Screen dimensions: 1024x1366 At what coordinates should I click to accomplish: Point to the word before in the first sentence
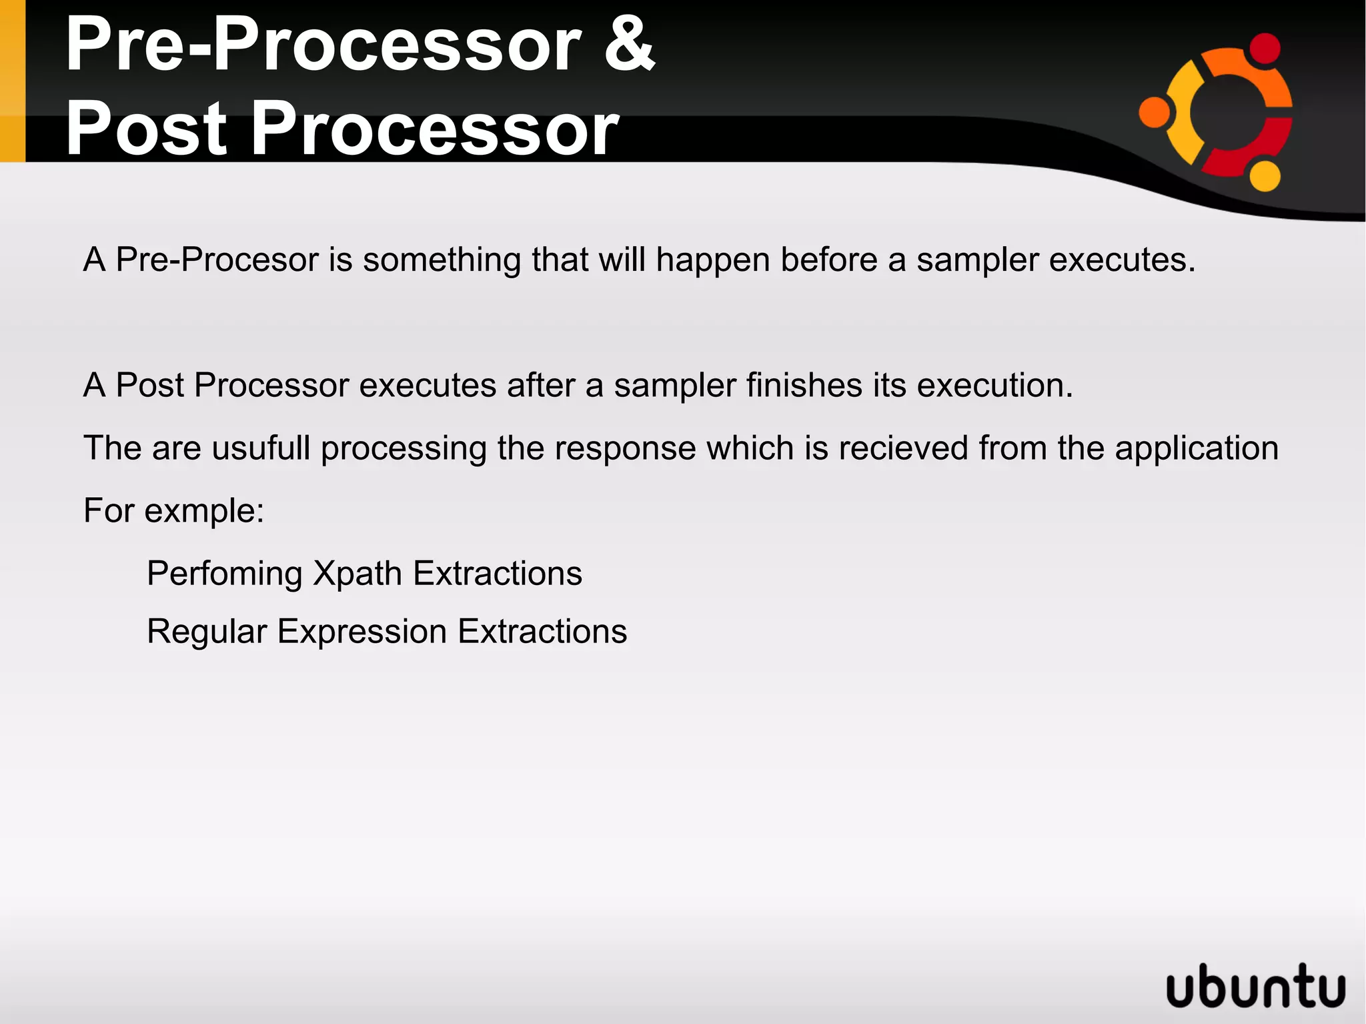(x=829, y=260)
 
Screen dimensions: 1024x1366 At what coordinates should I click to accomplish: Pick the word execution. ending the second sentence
(x=994, y=386)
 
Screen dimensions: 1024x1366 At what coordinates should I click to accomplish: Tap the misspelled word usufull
(x=261, y=448)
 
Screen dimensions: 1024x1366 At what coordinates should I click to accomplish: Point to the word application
(x=1197, y=449)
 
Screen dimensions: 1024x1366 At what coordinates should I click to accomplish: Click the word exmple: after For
(x=204, y=512)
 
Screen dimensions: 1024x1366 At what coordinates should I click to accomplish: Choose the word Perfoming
(x=225, y=574)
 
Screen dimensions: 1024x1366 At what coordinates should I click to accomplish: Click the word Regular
(x=207, y=632)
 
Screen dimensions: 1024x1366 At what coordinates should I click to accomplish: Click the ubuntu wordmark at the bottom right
(x=1256, y=985)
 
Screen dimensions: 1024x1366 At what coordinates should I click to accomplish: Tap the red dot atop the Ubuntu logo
(x=1264, y=49)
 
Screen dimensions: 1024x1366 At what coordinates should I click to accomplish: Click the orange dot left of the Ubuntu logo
(x=1155, y=111)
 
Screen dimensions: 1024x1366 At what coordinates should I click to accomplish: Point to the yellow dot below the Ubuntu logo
(x=1264, y=175)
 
